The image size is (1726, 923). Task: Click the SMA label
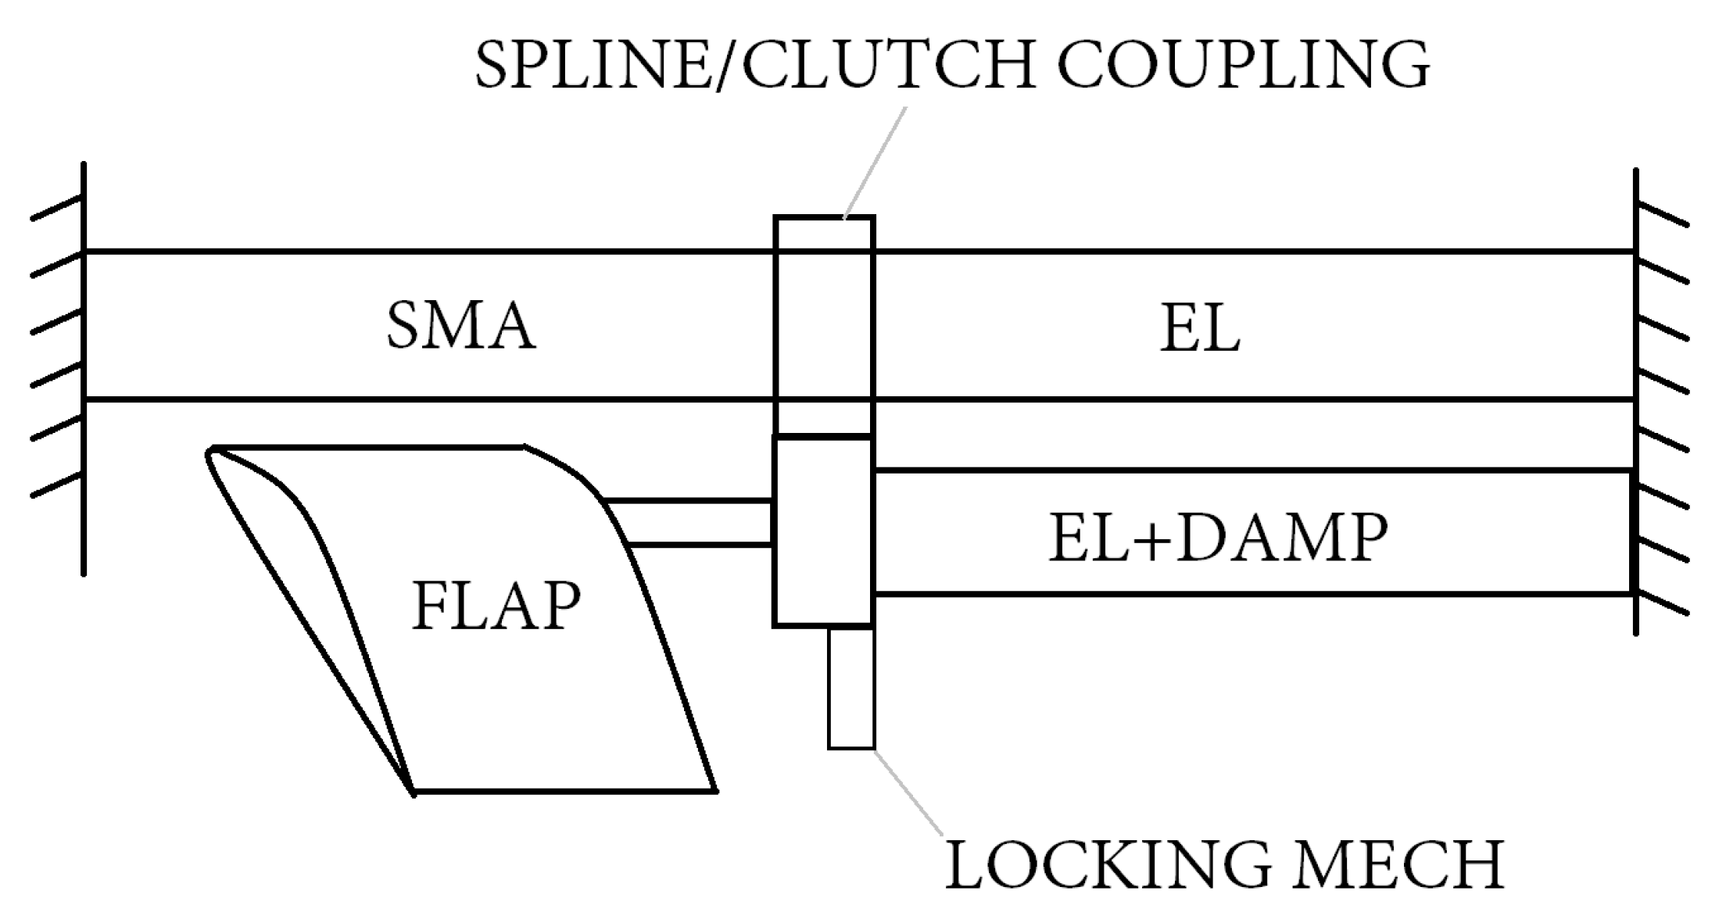[x=461, y=326]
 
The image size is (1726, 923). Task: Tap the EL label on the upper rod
[x=1199, y=330]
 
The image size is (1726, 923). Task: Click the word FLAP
[x=496, y=606]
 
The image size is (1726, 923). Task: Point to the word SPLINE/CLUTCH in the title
[x=755, y=64]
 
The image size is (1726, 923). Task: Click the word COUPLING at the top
[x=1243, y=64]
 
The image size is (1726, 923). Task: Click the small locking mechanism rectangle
[x=851, y=688]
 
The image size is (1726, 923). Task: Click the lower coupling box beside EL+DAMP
[x=822, y=531]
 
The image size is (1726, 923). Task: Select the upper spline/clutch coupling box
[x=824, y=324]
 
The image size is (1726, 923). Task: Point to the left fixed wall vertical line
[x=84, y=367]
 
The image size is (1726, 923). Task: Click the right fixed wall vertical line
[x=1635, y=399]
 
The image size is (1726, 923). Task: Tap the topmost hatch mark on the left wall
[x=56, y=209]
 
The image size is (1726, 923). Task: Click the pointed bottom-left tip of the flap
[x=412, y=792]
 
